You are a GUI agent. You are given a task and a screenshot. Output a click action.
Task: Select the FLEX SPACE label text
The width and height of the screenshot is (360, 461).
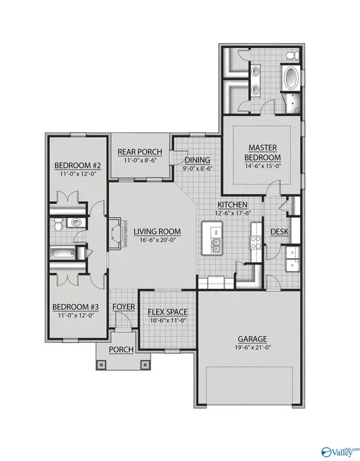pos(168,312)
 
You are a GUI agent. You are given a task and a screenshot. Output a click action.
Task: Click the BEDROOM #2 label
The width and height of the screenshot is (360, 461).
pos(76,165)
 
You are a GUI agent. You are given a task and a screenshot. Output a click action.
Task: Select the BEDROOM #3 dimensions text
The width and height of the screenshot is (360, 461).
pos(76,315)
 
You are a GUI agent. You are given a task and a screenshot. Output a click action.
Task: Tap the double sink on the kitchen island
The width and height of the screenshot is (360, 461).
pos(215,244)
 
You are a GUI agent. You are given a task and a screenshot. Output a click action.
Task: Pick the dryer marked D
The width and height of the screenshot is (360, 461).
pos(292,253)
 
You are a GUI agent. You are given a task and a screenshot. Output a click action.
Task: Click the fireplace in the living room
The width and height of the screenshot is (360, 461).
pos(118,232)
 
